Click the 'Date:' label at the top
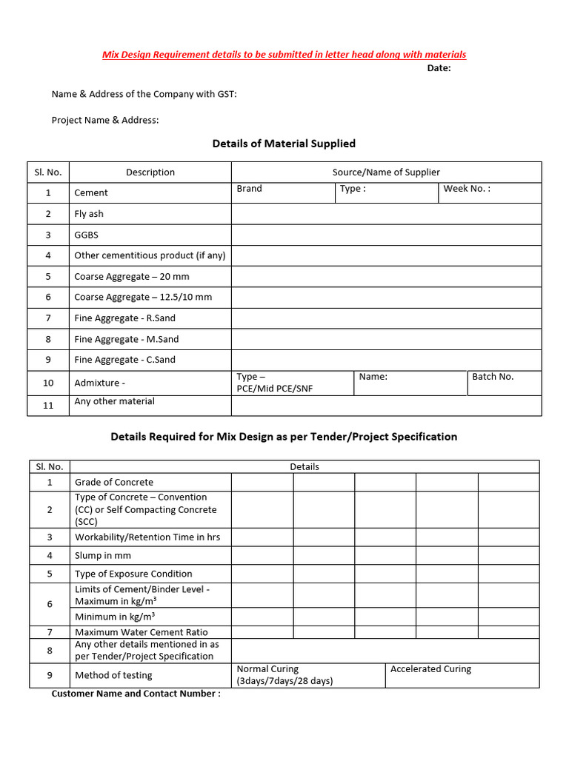pyautogui.click(x=439, y=68)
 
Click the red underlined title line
pyautogui.click(x=284, y=55)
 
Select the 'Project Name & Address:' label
pyautogui.click(x=105, y=120)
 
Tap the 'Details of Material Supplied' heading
pyautogui.click(x=284, y=144)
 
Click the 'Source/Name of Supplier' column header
pyautogui.click(x=386, y=172)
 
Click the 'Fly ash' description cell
pyautogui.click(x=89, y=214)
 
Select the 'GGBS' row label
pyautogui.click(x=86, y=235)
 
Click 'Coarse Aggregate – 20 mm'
pyautogui.click(x=132, y=277)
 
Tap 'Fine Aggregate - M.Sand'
pyautogui.click(x=127, y=339)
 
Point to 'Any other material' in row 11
pyautogui.click(x=115, y=401)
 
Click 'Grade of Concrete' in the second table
pyautogui.click(x=114, y=483)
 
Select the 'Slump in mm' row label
pyautogui.click(x=103, y=556)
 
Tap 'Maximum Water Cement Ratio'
pyautogui.click(x=142, y=632)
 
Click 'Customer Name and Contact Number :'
pyautogui.click(x=136, y=694)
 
